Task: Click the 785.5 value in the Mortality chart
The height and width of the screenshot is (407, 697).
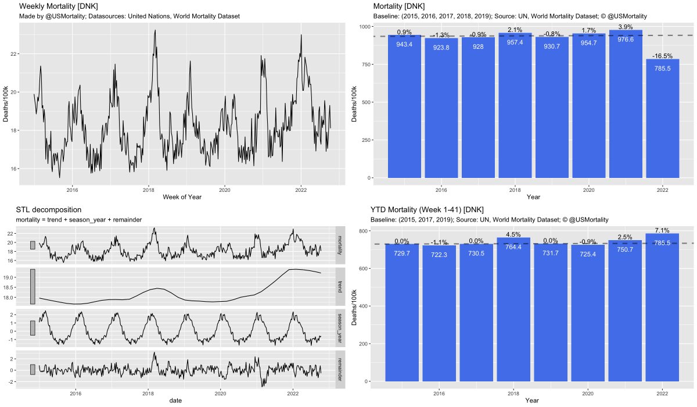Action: click(x=662, y=68)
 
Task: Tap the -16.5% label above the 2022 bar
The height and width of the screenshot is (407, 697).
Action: click(x=662, y=56)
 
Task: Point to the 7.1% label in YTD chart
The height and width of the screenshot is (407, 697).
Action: click(x=662, y=230)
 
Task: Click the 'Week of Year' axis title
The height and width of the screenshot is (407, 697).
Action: click(x=182, y=197)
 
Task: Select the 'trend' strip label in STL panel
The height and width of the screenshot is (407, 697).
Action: click(x=339, y=286)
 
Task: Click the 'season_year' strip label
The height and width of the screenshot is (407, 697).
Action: click(x=339, y=328)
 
